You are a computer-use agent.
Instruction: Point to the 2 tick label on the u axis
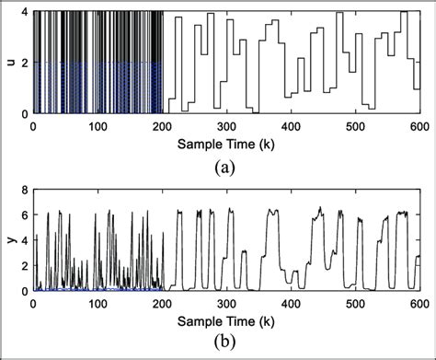[25, 63]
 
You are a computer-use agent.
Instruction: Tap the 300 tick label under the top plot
[225, 125]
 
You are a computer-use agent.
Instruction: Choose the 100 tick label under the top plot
[98, 125]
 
